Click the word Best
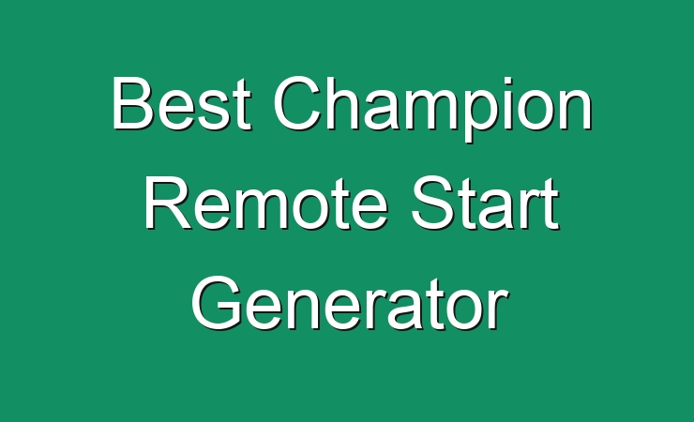click(x=181, y=103)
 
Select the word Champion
click(x=433, y=109)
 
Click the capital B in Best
click(x=134, y=103)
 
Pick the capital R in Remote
click(x=168, y=203)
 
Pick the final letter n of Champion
click(x=576, y=110)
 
